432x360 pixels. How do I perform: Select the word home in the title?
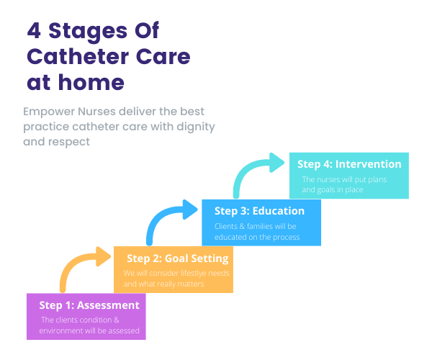91,82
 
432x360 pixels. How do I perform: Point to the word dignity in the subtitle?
192,127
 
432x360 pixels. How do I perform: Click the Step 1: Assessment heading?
89,305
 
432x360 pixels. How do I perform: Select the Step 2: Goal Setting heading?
177,258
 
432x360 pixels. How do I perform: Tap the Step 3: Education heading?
259,211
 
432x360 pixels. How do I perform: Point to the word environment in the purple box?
66,330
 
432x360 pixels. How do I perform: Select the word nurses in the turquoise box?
330,179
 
